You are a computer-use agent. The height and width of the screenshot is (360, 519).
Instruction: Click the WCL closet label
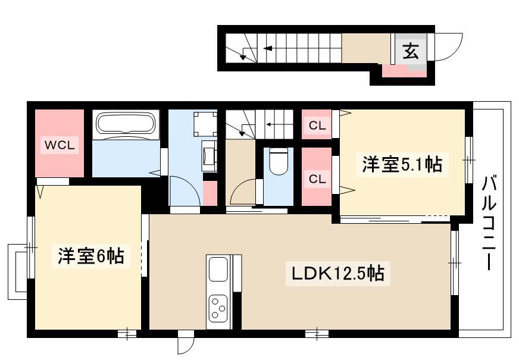point(60,145)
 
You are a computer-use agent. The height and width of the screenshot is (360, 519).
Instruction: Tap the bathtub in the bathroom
point(125,123)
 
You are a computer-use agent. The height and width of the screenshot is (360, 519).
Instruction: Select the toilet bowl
point(279,161)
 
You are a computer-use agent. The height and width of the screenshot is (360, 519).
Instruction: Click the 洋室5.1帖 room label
point(402,164)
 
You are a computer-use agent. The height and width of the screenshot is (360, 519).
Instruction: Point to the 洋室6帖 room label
point(91,256)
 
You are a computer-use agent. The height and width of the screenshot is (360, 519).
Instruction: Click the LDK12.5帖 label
point(337,274)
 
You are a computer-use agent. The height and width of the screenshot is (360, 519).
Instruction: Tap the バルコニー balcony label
point(489,223)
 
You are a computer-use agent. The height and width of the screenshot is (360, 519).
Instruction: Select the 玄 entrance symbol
point(411,51)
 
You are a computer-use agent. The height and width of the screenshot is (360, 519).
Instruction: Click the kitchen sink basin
point(218,269)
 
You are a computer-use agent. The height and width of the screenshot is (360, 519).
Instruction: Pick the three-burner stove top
point(218,308)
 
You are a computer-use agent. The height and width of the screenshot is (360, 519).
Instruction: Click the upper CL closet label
point(317,126)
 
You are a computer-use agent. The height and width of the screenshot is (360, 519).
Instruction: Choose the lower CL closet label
point(317,179)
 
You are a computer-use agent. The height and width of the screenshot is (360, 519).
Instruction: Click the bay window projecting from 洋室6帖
point(17,272)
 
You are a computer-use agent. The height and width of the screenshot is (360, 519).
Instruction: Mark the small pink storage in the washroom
point(210,193)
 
